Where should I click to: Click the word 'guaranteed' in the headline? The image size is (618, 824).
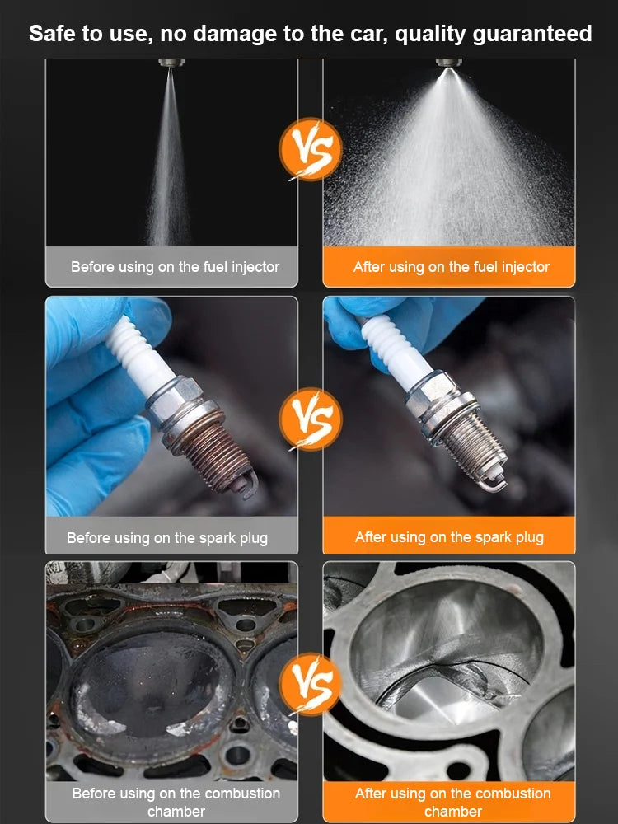click(x=532, y=35)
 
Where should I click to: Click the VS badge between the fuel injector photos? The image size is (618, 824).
click(x=311, y=149)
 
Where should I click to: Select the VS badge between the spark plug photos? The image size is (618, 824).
click(x=311, y=419)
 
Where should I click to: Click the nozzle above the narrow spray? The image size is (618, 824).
click(x=171, y=63)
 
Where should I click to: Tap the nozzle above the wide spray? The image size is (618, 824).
click(x=449, y=63)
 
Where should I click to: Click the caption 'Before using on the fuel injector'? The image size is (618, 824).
click(x=175, y=267)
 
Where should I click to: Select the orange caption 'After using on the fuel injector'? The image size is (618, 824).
click(x=452, y=267)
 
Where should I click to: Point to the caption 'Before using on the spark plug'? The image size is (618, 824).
click(x=167, y=538)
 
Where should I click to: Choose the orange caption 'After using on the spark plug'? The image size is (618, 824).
click(x=449, y=537)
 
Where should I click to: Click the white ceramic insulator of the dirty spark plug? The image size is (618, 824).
click(x=140, y=352)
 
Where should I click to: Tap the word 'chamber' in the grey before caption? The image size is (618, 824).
click(x=176, y=812)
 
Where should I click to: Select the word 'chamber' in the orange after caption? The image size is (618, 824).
click(x=453, y=812)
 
